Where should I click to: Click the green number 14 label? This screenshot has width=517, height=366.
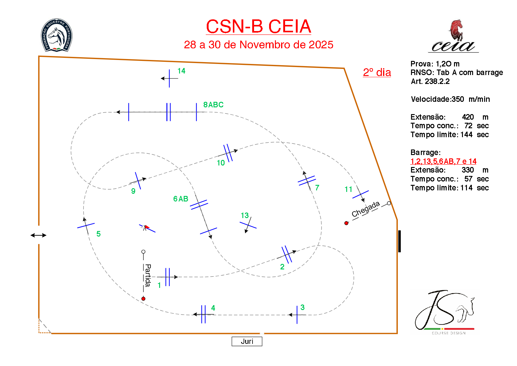pyautogui.click(x=181, y=71)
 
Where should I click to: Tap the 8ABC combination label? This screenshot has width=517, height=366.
pyautogui.click(x=213, y=105)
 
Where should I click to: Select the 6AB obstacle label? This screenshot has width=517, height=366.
pyautogui.click(x=181, y=199)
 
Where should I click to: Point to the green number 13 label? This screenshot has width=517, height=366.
pyautogui.click(x=245, y=215)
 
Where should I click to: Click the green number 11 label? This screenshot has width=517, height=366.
pyautogui.click(x=348, y=189)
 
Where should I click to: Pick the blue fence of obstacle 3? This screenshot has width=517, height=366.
pyautogui.click(x=297, y=315)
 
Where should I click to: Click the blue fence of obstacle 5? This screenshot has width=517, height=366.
pyautogui.click(x=86, y=226)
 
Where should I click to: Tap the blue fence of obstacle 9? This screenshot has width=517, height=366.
pyautogui.click(x=138, y=181)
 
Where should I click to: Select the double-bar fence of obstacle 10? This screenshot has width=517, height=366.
pyautogui.click(x=228, y=153)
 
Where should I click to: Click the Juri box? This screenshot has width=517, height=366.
pyautogui.click(x=247, y=341)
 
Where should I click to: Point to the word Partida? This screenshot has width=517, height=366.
pyautogui.click(x=148, y=275)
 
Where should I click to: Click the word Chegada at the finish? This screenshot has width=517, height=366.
pyautogui.click(x=366, y=209)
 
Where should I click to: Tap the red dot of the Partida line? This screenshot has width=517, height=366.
pyautogui.click(x=143, y=299)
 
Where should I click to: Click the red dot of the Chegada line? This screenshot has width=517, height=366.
pyautogui.click(x=346, y=223)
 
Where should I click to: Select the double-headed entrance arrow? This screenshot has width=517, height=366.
pyautogui.click(x=38, y=235)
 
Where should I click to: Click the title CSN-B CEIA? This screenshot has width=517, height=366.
pyautogui.click(x=258, y=26)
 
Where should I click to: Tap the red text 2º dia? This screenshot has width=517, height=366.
pyautogui.click(x=377, y=73)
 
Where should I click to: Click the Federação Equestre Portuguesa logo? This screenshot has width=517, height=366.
pyautogui.click(x=57, y=35)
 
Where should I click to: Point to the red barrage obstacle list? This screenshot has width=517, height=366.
pyautogui.click(x=443, y=161)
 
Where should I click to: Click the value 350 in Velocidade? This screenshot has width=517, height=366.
pyautogui.click(x=458, y=99)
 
